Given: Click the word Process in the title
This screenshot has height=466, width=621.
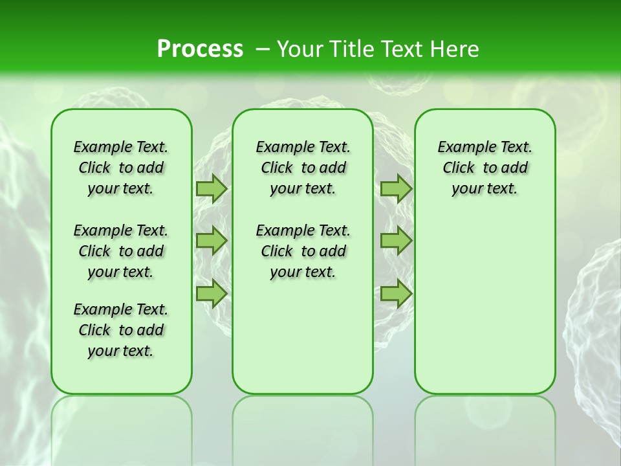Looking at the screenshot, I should tap(200, 49).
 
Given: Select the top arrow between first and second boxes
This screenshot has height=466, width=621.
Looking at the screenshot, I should tap(212, 188).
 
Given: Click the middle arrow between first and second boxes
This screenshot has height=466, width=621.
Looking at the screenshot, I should tap(212, 241).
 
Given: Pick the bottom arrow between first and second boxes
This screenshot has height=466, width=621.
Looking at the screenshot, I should tap(212, 294).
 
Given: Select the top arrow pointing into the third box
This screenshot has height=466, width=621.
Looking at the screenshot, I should tap(396, 188).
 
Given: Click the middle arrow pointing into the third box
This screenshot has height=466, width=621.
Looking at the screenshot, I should tap(396, 241).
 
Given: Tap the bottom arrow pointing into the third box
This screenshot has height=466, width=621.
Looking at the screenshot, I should tap(396, 294).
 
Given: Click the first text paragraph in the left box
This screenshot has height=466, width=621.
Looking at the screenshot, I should tap(121, 168).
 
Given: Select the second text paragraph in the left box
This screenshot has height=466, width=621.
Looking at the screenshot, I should tap(121, 251).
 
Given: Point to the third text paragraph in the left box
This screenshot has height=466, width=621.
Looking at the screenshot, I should tap(121, 330).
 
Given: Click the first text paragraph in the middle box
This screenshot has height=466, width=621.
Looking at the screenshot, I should tap(303, 168).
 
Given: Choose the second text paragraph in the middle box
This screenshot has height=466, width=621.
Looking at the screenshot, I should tap(303, 251).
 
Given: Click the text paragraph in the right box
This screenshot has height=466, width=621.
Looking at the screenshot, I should tap(485, 168).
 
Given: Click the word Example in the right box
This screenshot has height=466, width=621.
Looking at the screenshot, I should tap(462, 148).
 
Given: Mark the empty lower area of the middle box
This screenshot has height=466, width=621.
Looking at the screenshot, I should tap(303, 337).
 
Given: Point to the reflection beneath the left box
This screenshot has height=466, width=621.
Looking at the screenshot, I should tap(121, 427).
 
